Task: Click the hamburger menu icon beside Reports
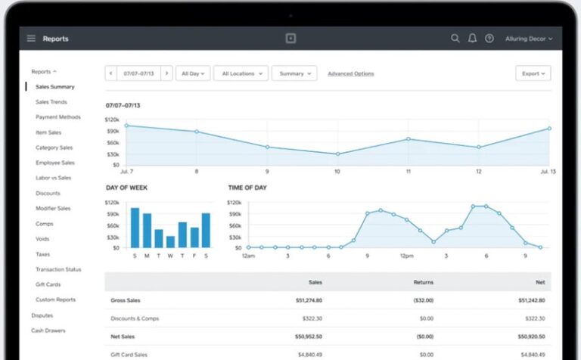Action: pos(31,39)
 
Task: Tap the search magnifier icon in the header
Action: pos(455,39)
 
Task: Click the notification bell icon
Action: pos(472,39)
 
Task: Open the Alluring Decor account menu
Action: pos(528,39)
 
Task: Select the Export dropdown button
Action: pos(533,73)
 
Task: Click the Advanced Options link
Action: pos(350,73)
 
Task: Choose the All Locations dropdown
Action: pos(241,73)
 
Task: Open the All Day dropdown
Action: pos(192,73)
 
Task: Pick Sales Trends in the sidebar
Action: pos(51,102)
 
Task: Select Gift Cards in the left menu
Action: pos(48,284)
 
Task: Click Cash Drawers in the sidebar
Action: pos(48,331)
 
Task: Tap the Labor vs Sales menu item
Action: pos(53,178)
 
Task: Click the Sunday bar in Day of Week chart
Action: pos(135,228)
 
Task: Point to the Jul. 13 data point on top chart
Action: pos(549,129)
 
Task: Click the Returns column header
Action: pos(423,282)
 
